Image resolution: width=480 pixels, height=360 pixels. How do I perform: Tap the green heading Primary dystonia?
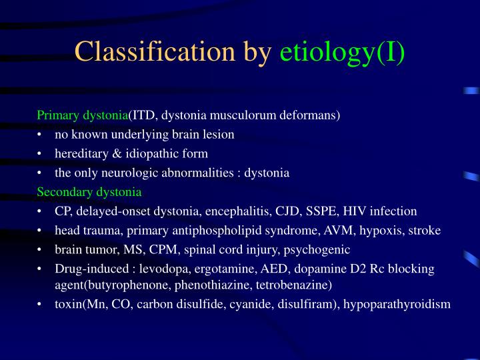(83, 115)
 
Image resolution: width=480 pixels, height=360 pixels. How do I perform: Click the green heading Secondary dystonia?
(89, 192)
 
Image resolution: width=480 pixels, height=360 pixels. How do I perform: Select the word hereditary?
(79, 153)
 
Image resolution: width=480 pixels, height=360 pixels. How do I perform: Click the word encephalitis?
(254, 211)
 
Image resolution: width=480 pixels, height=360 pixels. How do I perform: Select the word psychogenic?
(317, 250)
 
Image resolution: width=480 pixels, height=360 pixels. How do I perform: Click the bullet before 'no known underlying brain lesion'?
(41, 135)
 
